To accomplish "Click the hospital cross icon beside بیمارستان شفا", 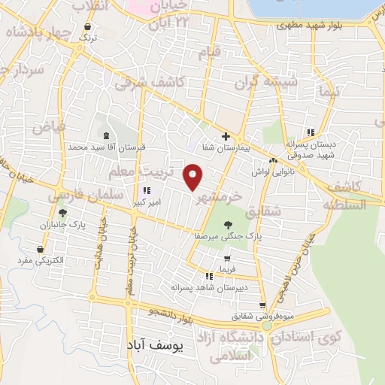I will click(226, 136).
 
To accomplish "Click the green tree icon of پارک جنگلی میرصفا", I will click(227, 224).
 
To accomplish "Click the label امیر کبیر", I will click(146, 202).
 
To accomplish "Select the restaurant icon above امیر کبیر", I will click(147, 190).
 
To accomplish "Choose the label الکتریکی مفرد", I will click(41, 260).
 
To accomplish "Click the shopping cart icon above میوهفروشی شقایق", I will click(262, 305).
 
